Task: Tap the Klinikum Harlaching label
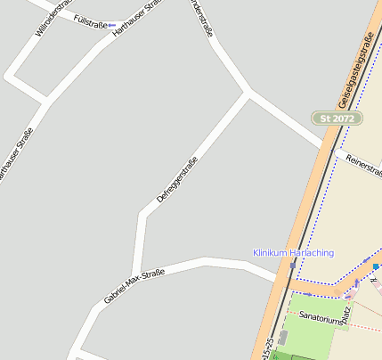(293, 253)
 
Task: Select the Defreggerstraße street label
(176, 180)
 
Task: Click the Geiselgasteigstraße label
(355, 67)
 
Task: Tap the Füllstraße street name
(90, 20)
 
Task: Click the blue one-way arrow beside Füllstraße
(111, 25)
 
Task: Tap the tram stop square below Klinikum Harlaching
(292, 266)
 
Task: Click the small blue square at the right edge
(376, 266)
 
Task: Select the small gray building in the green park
(283, 338)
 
